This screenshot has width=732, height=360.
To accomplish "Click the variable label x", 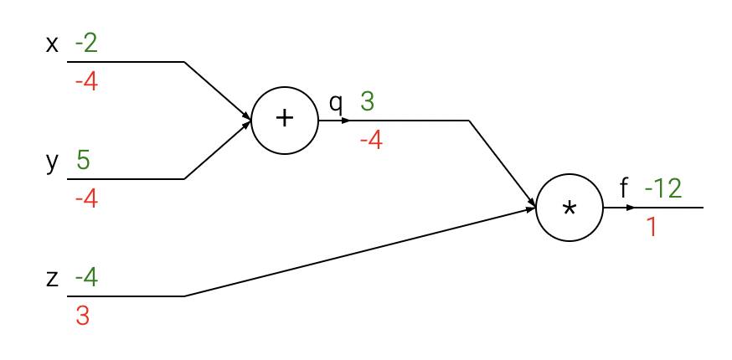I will pyautogui.click(x=52, y=44).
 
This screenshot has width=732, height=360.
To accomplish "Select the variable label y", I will pyautogui.click(x=52, y=162).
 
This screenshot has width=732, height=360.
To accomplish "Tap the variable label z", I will pyautogui.click(x=52, y=278).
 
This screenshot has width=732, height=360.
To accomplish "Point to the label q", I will pyautogui.click(x=336, y=103).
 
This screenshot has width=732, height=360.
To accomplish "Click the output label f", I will pyautogui.click(x=623, y=189).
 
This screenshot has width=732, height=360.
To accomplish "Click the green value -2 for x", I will pyautogui.click(x=86, y=42).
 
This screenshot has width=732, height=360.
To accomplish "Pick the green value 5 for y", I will pyautogui.click(x=83, y=159).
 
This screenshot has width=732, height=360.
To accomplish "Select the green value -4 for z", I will pyautogui.click(x=86, y=276).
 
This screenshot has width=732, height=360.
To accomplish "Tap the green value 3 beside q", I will pyautogui.click(x=367, y=101).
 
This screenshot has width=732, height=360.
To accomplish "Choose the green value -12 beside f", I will pyautogui.click(x=663, y=188).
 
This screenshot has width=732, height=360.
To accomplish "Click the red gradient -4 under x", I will pyautogui.click(x=86, y=83).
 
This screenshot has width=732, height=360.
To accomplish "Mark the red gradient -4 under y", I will pyautogui.click(x=86, y=200).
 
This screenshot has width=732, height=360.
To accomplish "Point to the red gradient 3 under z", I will pyautogui.click(x=82, y=316).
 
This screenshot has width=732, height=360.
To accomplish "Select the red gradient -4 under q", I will pyautogui.click(x=371, y=141).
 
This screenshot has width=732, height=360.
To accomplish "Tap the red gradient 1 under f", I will pyautogui.click(x=651, y=227).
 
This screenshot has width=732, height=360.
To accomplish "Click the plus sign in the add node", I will pyautogui.click(x=285, y=119).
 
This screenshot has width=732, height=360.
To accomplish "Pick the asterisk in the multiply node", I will pyautogui.click(x=570, y=209).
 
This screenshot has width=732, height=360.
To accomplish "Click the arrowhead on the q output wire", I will pyautogui.click(x=346, y=120).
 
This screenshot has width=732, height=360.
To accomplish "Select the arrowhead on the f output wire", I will pyautogui.click(x=631, y=207).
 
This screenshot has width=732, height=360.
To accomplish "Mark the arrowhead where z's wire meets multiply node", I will pyautogui.click(x=531, y=209).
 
